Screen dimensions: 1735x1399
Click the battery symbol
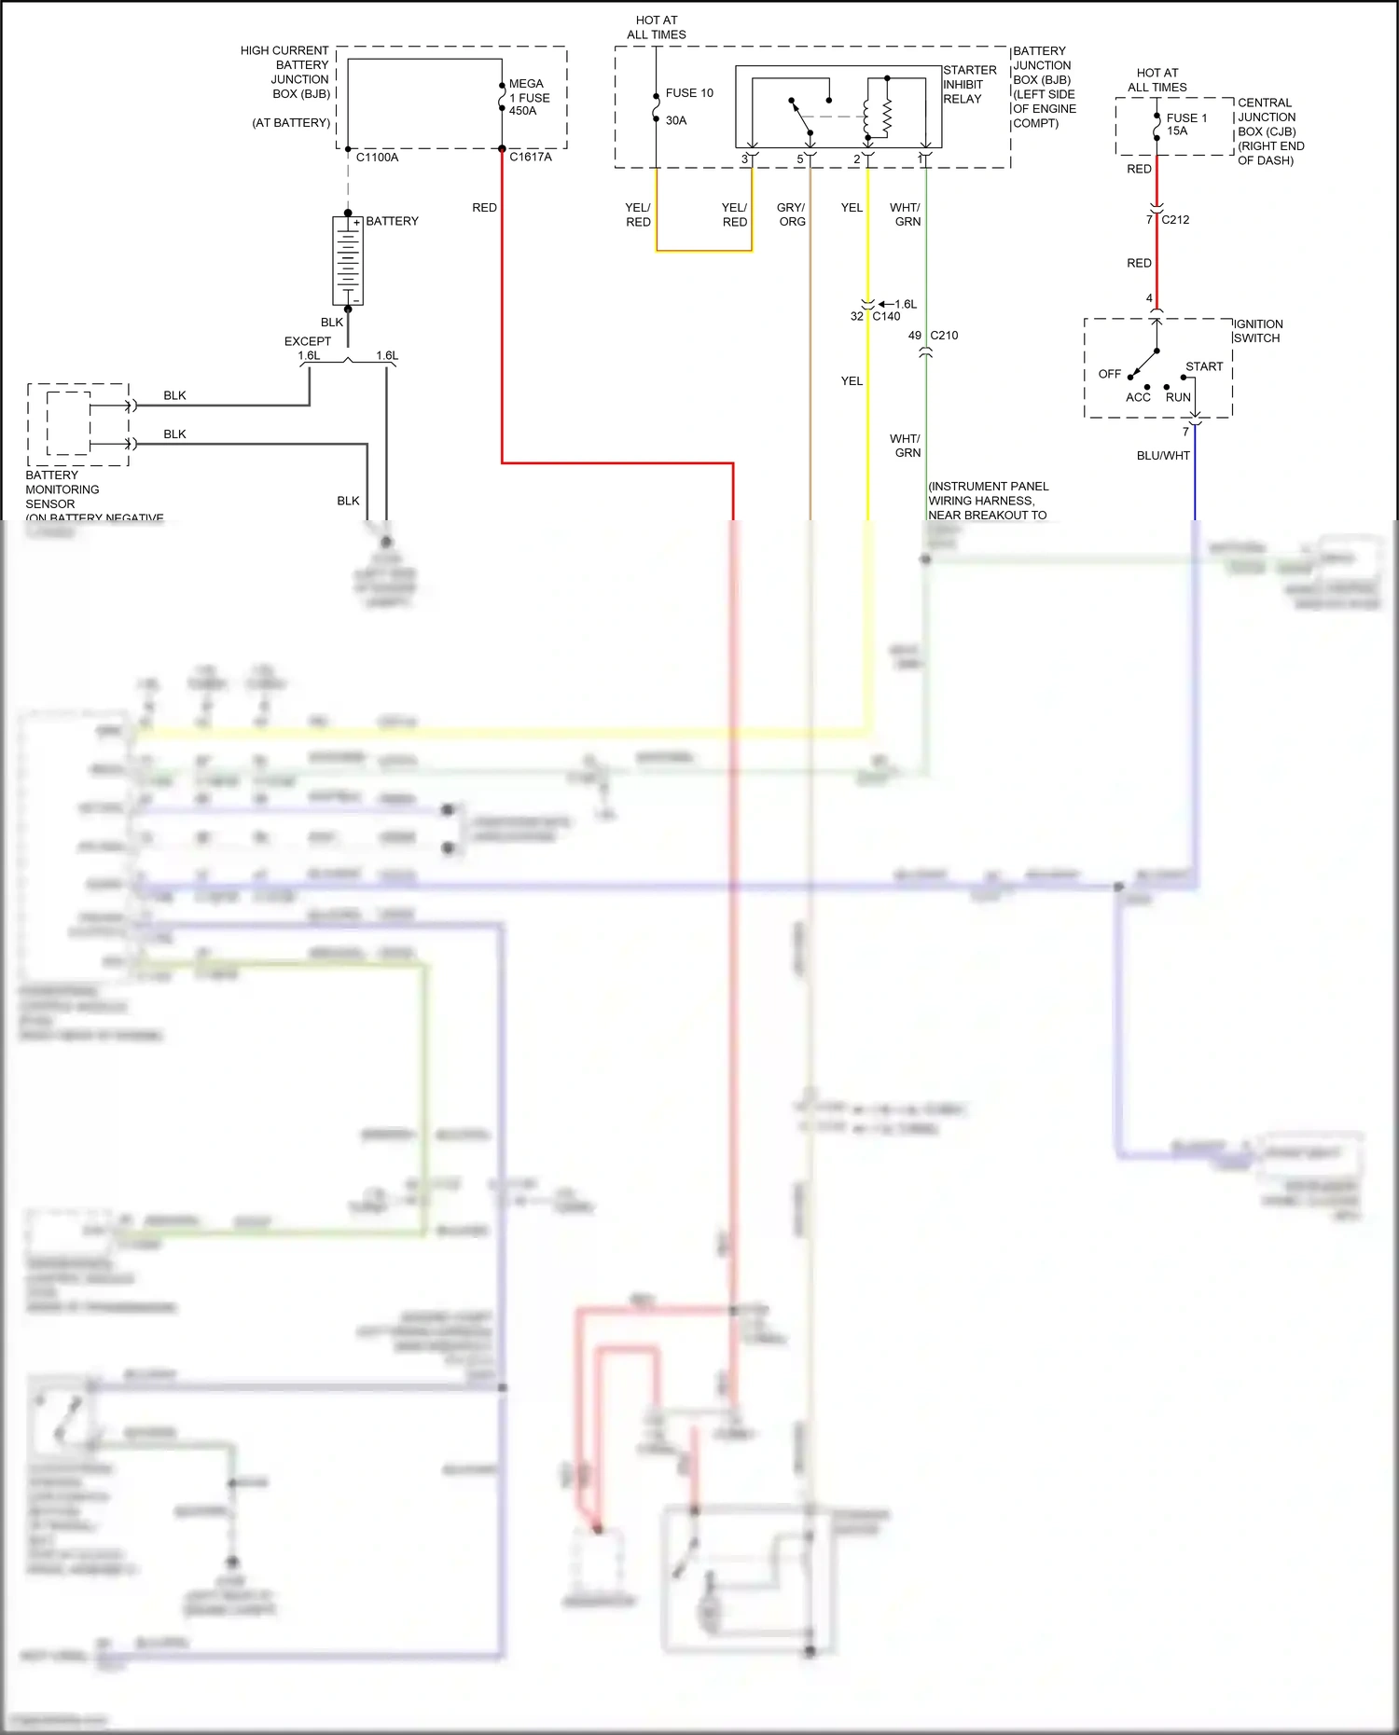[348, 260]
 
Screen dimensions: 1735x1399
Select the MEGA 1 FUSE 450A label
[528, 97]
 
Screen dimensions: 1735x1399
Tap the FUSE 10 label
[688, 93]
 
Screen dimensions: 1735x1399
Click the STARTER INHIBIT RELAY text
[969, 84]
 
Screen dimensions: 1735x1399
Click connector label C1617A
[530, 157]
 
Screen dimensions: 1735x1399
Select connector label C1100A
[377, 158]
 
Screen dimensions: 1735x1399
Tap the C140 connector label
[886, 316]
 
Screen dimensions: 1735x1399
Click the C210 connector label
[944, 336]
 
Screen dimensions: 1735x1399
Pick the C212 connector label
[1175, 220]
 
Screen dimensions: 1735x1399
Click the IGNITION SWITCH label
[1257, 331]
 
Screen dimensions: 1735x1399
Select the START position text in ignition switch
[1204, 366]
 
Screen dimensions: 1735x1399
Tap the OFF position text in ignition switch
[1109, 374]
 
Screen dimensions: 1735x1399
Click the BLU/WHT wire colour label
[1162, 456]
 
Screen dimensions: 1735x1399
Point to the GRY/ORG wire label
[791, 214]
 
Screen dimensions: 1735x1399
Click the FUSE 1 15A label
[1185, 124]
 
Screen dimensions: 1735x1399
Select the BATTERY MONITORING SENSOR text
[62, 489]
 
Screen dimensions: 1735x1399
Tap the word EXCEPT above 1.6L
[307, 341]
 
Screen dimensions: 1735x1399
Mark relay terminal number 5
[799, 159]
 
